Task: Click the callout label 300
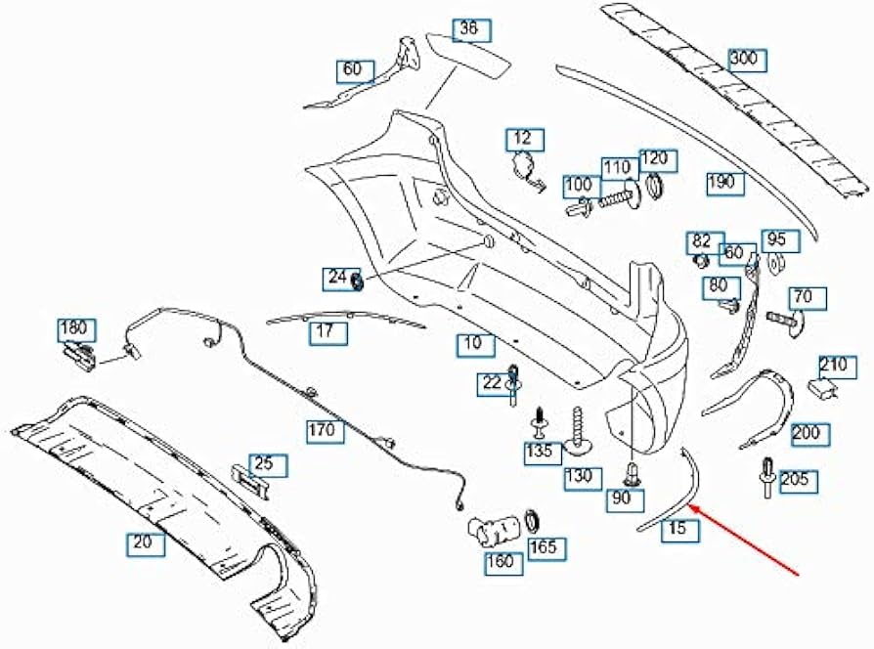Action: click(x=747, y=60)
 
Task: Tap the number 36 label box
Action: click(x=471, y=30)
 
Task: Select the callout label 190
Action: click(x=725, y=184)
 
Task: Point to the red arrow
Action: click(x=744, y=539)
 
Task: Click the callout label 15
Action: click(x=680, y=529)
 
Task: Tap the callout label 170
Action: click(x=325, y=431)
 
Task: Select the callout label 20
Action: click(x=146, y=543)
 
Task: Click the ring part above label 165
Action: click(x=533, y=521)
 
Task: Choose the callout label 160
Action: click(x=503, y=563)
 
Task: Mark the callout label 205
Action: click(x=798, y=481)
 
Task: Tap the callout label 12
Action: click(x=525, y=140)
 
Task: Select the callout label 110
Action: click(x=620, y=169)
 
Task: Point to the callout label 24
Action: click(x=338, y=279)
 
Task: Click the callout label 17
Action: click(x=328, y=333)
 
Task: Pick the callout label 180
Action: click(x=77, y=329)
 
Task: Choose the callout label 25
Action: click(x=268, y=465)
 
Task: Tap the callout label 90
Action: click(x=626, y=499)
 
